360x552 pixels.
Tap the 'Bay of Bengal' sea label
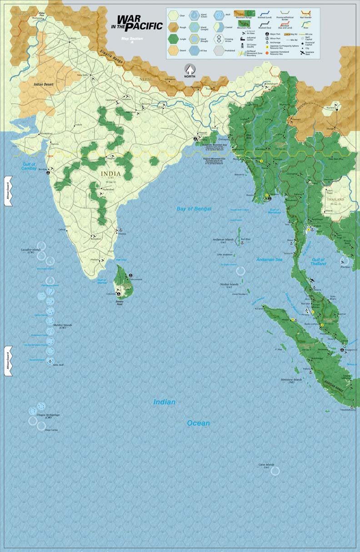pyautogui.click(x=195, y=209)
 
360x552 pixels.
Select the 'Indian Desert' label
pyautogui.click(x=44, y=84)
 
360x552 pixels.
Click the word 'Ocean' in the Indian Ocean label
pyautogui.click(x=199, y=423)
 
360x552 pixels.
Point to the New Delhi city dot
pyautogui.click(x=90, y=75)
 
